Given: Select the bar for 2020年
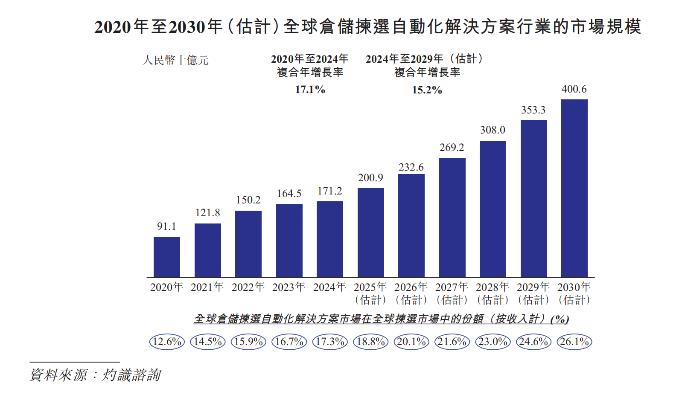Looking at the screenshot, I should [167, 257].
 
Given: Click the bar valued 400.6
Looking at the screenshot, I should [574, 188].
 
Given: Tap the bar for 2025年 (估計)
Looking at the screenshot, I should [370, 232].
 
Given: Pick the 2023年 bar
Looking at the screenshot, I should [289, 241].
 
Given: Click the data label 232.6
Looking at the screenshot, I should [411, 167].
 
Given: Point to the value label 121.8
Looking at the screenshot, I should [207, 213].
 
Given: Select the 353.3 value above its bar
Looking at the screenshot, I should [533, 110].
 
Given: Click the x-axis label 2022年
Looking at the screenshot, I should [248, 287].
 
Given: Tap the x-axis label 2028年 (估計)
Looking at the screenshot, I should [493, 293].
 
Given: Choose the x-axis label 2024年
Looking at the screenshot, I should [329, 287].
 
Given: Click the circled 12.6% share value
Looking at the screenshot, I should [167, 342].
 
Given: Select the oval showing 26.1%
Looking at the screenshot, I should [574, 342].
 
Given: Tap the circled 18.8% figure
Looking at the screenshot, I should [370, 342].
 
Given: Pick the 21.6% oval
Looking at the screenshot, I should [452, 342].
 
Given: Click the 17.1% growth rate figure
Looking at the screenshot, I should [310, 90].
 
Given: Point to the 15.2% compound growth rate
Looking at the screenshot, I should [427, 90].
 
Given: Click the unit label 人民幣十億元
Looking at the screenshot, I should [175, 60].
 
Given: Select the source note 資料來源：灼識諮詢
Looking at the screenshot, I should [95, 375].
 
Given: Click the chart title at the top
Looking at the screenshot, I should [367, 27].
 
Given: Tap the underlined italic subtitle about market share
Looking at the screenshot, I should [381, 319].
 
